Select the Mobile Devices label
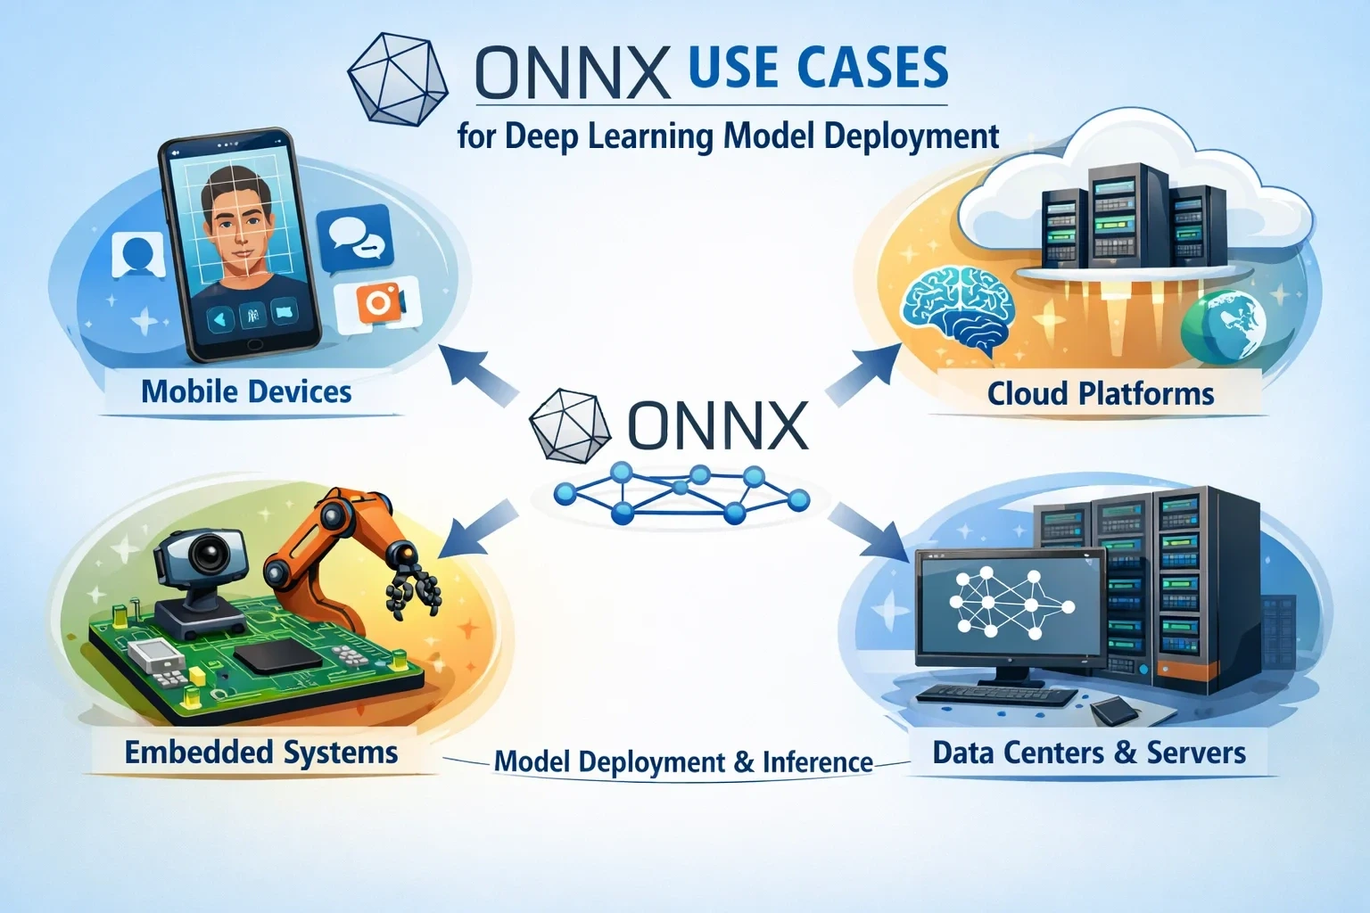pyautogui.click(x=246, y=392)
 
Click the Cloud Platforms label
pyautogui.click(x=1101, y=394)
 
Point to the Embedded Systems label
pyautogui.click(x=261, y=753)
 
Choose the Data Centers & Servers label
pyautogui.click(x=1089, y=753)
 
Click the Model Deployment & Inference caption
pyautogui.click(x=683, y=762)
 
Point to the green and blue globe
pyautogui.click(x=1223, y=327)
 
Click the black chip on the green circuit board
pyautogui.click(x=278, y=657)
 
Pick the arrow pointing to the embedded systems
pyautogui.click(x=480, y=527)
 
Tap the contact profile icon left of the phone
pyautogui.click(x=138, y=255)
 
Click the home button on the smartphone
pyautogui.click(x=252, y=344)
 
